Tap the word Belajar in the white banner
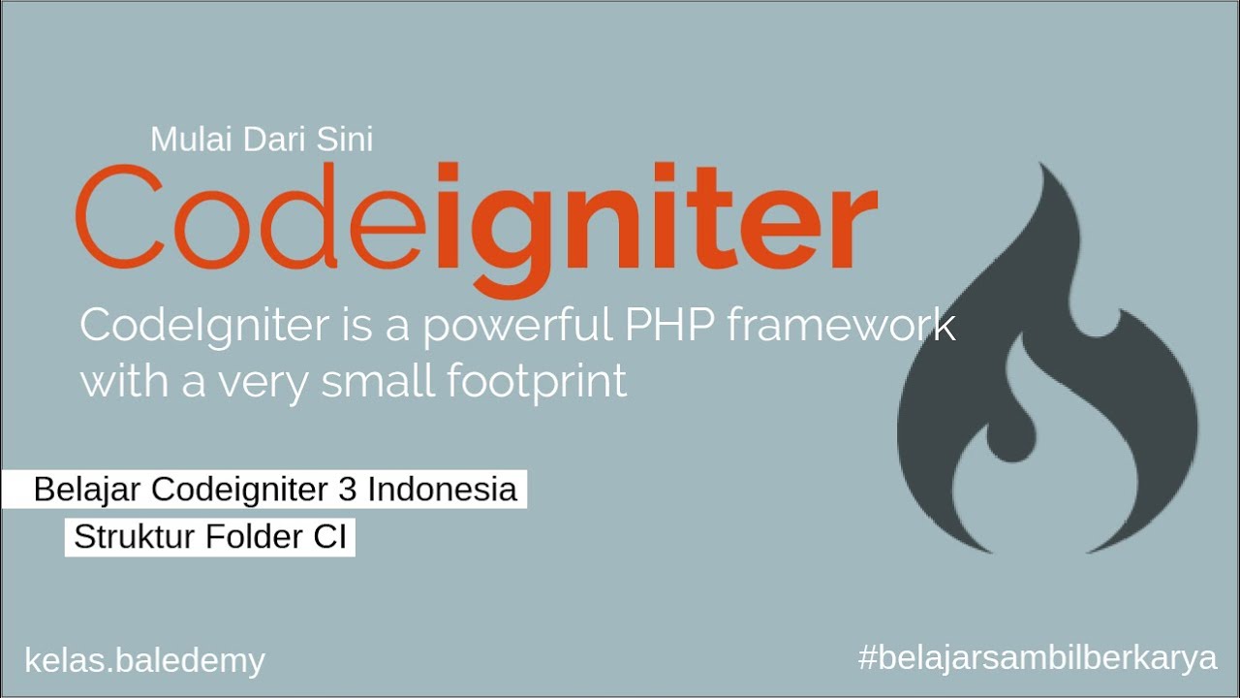point(88,490)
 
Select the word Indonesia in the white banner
point(442,490)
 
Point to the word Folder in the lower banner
point(255,537)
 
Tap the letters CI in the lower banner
point(330,537)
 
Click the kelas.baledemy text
point(144,661)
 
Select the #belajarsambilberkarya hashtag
point(1038,658)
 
